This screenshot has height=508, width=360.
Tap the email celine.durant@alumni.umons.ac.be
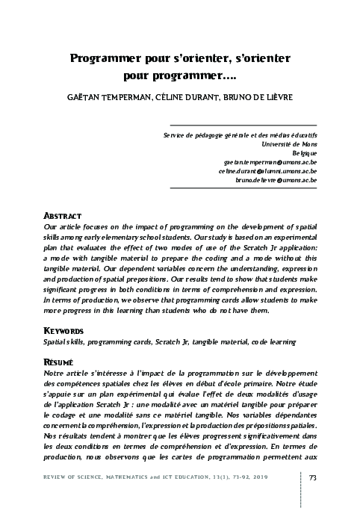[x=267, y=170]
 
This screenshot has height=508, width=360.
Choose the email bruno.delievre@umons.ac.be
[x=276, y=179]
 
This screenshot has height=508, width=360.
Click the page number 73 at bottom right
[x=313, y=478]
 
